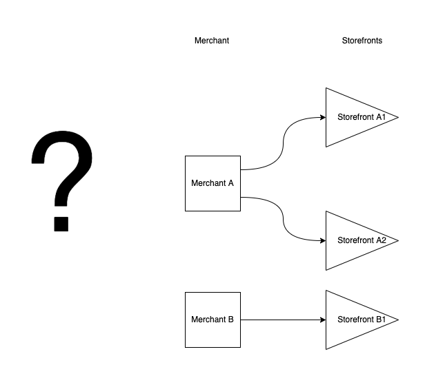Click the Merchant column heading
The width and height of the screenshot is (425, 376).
click(x=212, y=41)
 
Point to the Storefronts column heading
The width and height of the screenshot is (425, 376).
click(x=362, y=41)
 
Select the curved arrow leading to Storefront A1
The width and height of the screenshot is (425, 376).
click(x=283, y=143)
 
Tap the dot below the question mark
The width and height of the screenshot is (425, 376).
click(x=61, y=223)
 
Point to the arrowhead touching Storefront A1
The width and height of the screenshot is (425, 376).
click(x=322, y=117)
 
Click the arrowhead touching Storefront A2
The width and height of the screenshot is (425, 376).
click(x=322, y=240)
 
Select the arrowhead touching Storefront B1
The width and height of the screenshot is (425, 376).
click(x=322, y=320)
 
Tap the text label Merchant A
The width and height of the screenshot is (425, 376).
click(x=212, y=183)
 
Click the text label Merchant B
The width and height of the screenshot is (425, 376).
click(x=212, y=320)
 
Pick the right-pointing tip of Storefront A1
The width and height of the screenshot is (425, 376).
click(x=397, y=117)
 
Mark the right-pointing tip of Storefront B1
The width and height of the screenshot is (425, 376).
click(x=397, y=320)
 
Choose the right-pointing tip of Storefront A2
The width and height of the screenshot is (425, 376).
click(x=397, y=240)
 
